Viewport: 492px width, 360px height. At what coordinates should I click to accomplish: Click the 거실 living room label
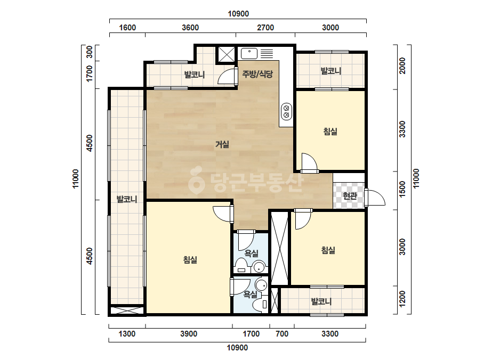(x=222, y=144)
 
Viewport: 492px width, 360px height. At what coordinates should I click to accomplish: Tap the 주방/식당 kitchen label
(x=257, y=74)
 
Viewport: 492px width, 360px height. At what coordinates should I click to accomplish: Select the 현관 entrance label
(x=350, y=196)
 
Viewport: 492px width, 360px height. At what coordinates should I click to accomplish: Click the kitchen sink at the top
(x=249, y=53)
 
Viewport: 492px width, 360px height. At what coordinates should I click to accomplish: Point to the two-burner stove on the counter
(x=286, y=111)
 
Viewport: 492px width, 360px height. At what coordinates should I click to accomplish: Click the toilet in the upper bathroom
(x=241, y=265)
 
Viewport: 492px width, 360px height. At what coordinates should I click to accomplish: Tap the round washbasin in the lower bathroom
(x=261, y=285)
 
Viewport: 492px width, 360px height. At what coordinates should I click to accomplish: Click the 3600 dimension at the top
(x=190, y=28)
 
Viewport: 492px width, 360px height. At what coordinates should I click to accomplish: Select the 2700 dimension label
(x=265, y=28)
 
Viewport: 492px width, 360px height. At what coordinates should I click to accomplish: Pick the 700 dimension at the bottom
(x=282, y=334)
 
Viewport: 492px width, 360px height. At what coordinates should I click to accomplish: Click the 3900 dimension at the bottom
(x=189, y=334)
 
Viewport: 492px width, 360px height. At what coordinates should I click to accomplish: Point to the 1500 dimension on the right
(x=402, y=190)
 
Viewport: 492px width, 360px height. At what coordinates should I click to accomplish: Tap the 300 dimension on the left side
(x=90, y=52)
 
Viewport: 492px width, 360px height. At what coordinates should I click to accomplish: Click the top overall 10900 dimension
(x=238, y=14)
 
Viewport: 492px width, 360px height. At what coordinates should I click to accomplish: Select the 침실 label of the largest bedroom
(x=190, y=260)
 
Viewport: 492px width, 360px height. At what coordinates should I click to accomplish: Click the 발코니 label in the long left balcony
(x=127, y=199)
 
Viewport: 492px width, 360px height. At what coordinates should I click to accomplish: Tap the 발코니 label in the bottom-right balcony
(x=321, y=301)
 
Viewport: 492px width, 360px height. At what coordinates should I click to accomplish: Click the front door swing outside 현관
(x=375, y=198)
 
